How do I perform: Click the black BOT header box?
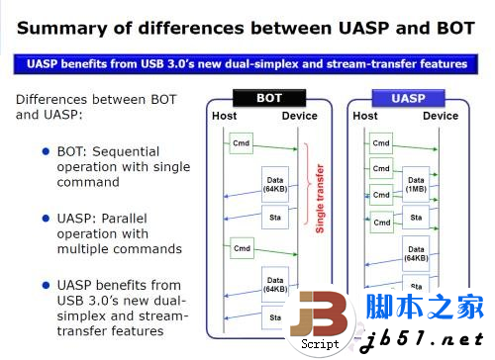269,98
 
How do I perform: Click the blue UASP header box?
408,98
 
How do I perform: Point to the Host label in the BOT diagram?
225,116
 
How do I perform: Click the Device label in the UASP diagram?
441,116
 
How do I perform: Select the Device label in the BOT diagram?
300,116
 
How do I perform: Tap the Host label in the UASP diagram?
365,116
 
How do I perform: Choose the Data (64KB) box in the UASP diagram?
417,254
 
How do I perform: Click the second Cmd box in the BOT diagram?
241,244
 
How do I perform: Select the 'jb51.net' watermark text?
427,340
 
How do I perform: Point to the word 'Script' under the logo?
320,344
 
